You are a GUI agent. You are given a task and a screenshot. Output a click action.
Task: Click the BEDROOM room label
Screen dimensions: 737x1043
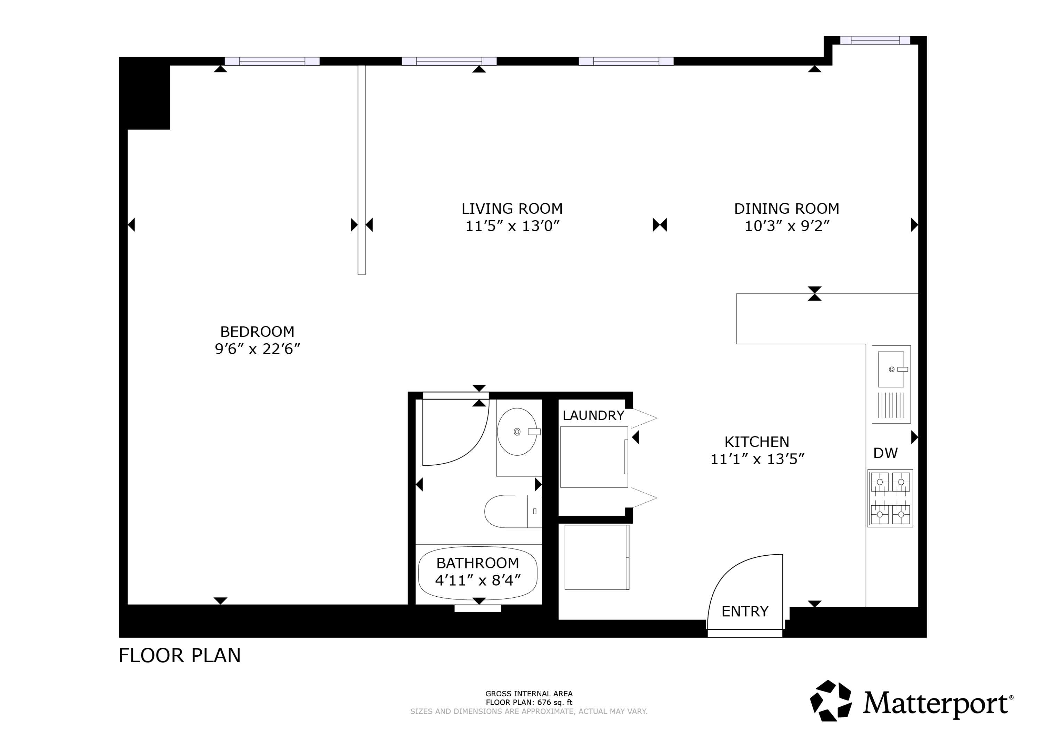pyautogui.click(x=257, y=331)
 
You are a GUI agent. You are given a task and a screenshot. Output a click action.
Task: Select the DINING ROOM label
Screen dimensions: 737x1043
pyautogui.click(x=786, y=209)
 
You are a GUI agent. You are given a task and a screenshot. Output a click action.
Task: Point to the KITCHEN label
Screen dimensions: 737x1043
pyautogui.click(x=757, y=442)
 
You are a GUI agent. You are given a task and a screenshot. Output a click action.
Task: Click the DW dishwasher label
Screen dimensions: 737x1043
pyautogui.click(x=886, y=453)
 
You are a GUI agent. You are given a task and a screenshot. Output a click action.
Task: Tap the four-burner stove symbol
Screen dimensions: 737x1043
pyautogui.click(x=890, y=498)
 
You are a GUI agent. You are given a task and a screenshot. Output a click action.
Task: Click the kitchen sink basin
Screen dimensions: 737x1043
pyautogui.click(x=891, y=369)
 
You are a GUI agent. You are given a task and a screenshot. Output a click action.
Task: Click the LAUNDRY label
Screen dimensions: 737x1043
pyautogui.click(x=593, y=416)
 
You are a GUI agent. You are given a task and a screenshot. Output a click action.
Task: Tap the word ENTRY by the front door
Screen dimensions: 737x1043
pyautogui.click(x=745, y=612)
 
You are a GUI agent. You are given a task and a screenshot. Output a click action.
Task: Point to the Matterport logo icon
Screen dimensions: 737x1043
pyautogui.click(x=831, y=700)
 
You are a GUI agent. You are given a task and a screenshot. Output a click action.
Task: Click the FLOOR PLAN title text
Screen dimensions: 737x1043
pyautogui.click(x=179, y=656)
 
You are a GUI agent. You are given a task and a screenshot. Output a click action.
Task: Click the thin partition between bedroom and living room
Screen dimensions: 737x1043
pyautogui.click(x=361, y=170)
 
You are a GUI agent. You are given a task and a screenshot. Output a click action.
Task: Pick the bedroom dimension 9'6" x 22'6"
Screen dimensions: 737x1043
pyautogui.click(x=257, y=349)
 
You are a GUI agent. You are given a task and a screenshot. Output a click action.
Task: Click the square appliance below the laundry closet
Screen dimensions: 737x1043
pyautogui.click(x=597, y=557)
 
